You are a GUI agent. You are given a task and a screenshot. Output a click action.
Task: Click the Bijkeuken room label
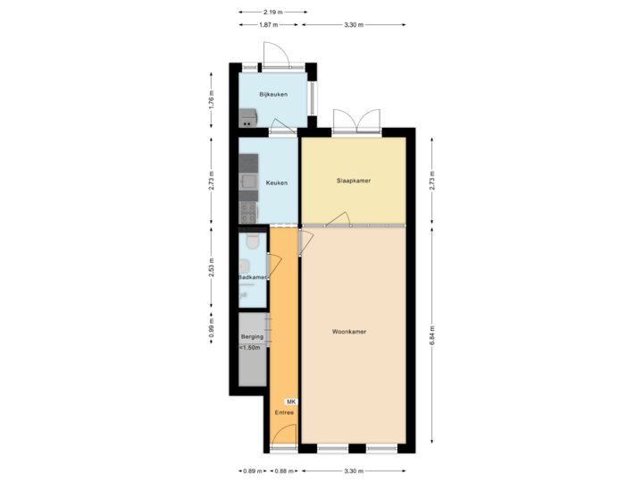[272, 94]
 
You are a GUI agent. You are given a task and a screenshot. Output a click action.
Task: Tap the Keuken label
[277, 182]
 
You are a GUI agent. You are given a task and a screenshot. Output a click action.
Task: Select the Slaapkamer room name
[353, 180]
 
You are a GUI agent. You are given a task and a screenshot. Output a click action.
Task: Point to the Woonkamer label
[349, 331]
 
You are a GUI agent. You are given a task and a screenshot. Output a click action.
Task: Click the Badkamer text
[253, 277]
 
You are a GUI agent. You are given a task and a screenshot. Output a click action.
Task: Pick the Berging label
[252, 337]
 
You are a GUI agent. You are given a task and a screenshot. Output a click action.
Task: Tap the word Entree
[284, 413]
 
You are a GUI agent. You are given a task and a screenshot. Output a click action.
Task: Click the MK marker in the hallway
[290, 402]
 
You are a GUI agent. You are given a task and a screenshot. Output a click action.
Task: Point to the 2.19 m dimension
[272, 12]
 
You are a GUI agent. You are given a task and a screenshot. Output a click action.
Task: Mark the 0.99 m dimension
[211, 326]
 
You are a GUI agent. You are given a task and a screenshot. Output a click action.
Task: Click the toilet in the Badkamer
[254, 241]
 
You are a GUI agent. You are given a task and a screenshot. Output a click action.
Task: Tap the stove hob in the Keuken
[247, 212]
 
